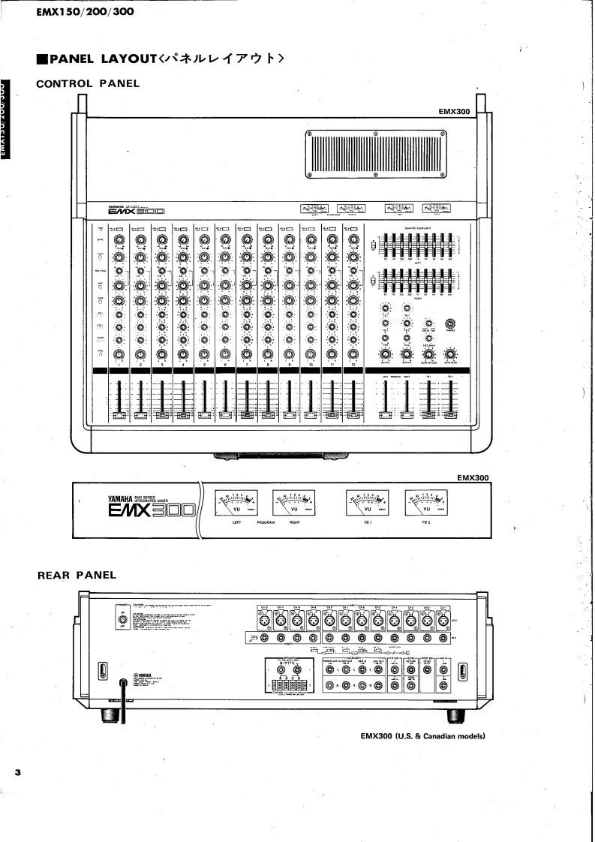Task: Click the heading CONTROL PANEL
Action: pyautogui.click(x=88, y=83)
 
